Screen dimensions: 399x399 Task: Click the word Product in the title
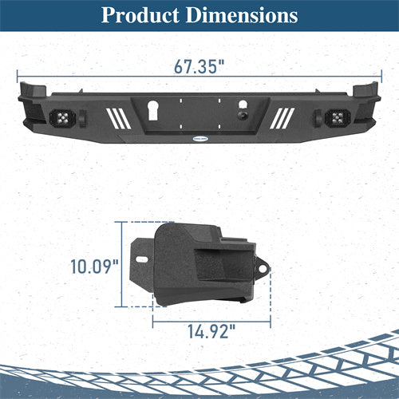click(141, 15)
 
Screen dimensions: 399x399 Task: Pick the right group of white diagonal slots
click(282, 117)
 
